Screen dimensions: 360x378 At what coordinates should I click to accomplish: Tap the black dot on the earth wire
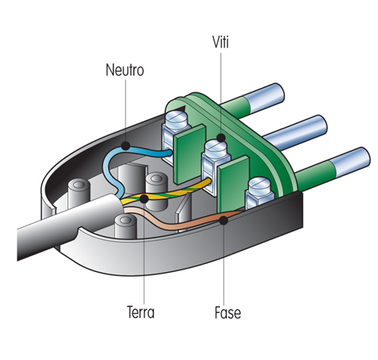tap(144, 198)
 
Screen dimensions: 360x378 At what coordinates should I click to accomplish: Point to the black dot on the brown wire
tap(225, 220)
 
